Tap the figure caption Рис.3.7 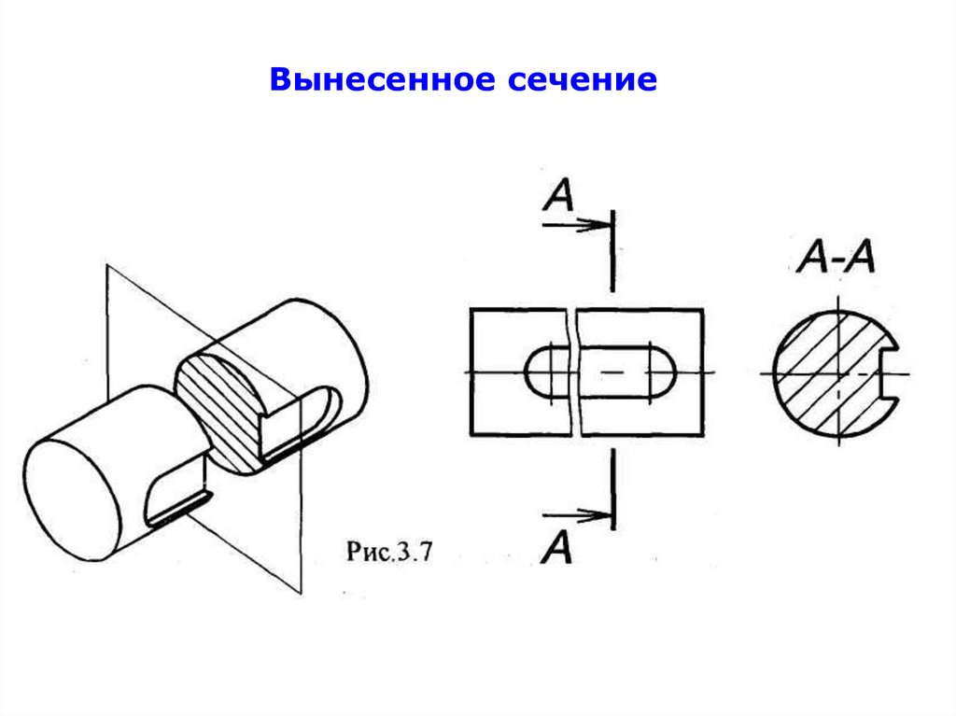pyautogui.click(x=388, y=551)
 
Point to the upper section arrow pyautogui.click(x=579, y=224)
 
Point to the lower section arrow pyautogui.click(x=579, y=514)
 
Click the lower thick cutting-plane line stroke pyautogui.click(x=612, y=490)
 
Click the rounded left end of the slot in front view pyautogui.click(x=537, y=373)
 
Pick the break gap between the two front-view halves pyautogui.click(x=573, y=373)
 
